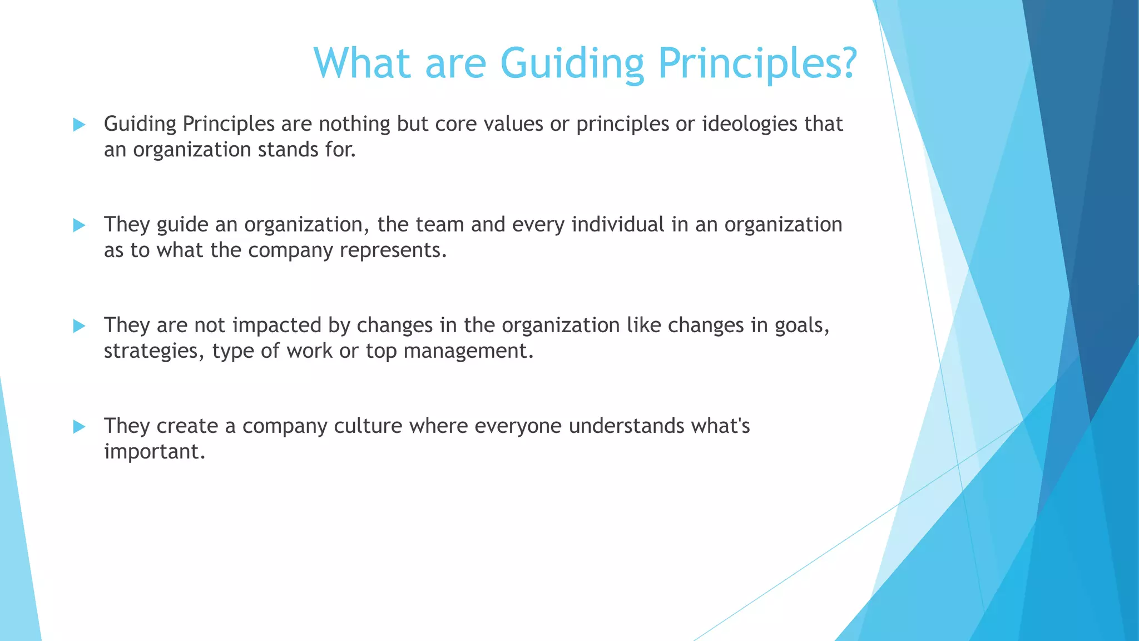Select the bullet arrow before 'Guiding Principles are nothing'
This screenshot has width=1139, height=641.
point(79,125)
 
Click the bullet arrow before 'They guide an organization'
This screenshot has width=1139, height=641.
point(79,225)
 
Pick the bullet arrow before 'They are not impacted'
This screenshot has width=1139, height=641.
point(79,326)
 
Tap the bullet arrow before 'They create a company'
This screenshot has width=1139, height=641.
point(79,427)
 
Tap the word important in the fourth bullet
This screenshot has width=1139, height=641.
point(154,451)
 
